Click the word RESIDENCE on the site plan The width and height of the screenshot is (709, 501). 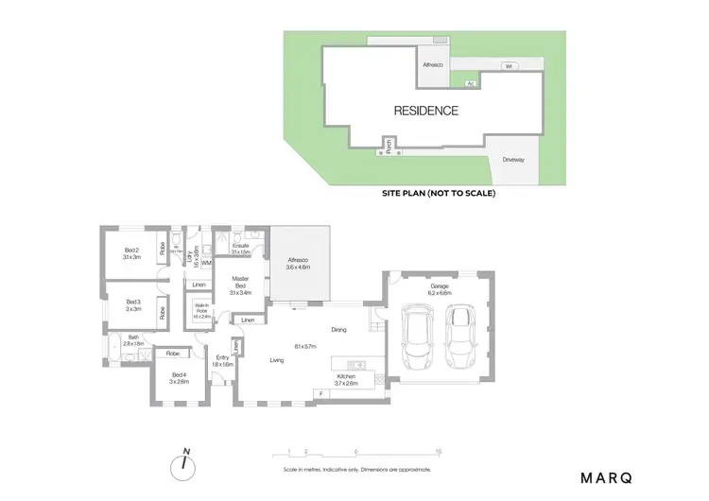point(425,111)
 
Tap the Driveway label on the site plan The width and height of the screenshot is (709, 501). point(513,159)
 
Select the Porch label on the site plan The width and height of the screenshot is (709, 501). point(387,146)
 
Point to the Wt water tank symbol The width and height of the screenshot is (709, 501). point(508,67)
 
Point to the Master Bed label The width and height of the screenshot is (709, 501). point(240,285)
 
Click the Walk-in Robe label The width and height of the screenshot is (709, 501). point(202,310)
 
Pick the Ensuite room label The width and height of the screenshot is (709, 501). point(240,248)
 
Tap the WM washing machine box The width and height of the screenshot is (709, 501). point(206,263)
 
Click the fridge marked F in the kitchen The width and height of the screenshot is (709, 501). point(322,392)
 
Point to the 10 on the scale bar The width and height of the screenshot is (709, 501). point(438,453)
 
